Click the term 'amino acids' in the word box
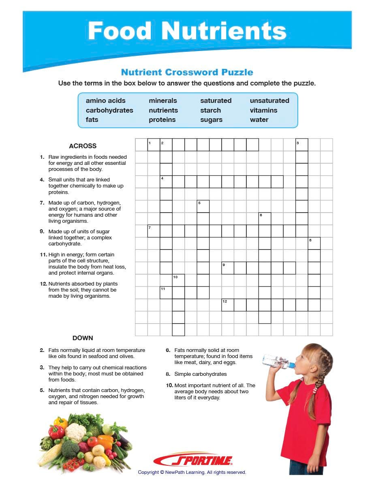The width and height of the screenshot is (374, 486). pyautogui.click(x=105, y=100)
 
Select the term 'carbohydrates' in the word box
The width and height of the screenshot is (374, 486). pyautogui.click(x=109, y=110)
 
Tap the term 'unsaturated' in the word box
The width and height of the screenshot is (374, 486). pyautogui.click(x=269, y=100)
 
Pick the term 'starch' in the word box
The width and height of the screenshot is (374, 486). pyautogui.click(x=210, y=110)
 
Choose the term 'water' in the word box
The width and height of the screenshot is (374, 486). pyautogui.click(x=259, y=119)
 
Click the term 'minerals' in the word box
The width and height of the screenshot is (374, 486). pyautogui.click(x=163, y=100)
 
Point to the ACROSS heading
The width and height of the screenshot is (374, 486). pyautogui.click(x=83, y=146)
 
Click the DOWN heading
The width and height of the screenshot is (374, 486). pyautogui.click(x=83, y=338)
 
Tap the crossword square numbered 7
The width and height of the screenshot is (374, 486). pyautogui.click(x=154, y=231)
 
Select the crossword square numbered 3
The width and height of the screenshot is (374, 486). pyautogui.click(x=302, y=145)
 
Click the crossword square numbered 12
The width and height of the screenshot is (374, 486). pyautogui.click(x=228, y=305)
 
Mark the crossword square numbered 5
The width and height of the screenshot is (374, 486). pyautogui.click(x=203, y=207)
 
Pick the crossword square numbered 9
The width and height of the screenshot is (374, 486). pyautogui.click(x=228, y=268)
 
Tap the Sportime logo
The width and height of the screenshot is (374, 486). pyautogui.click(x=193, y=460)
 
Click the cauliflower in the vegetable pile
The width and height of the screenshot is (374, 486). pyautogui.click(x=76, y=432)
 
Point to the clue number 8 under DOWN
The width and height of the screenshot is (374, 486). pyautogui.click(x=168, y=374)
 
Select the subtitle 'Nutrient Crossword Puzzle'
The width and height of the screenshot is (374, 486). pyautogui.click(x=187, y=72)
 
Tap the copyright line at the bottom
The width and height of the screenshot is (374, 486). pyautogui.click(x=192, y=472)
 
